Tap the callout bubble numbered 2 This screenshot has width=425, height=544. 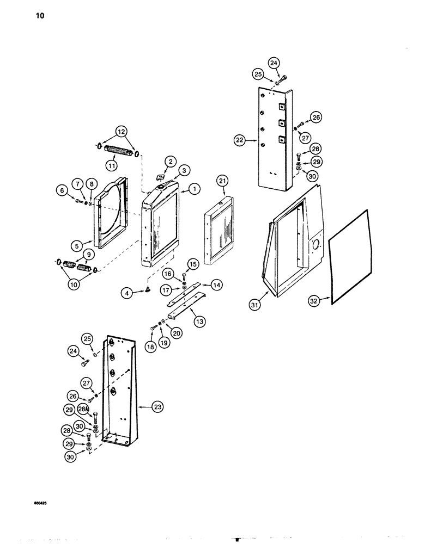tap(171, 161)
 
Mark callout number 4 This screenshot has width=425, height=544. tap(126, 293)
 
